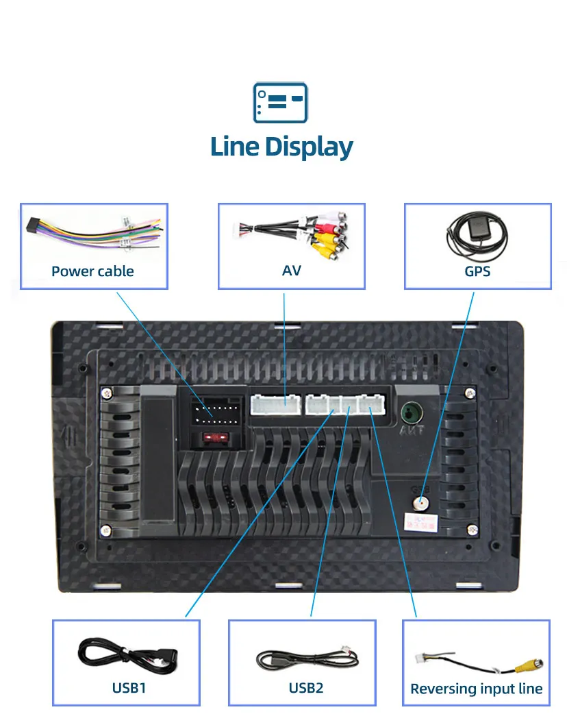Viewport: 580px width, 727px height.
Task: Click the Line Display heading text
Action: pos(281,147)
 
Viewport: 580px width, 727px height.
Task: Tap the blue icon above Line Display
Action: pos(281,103)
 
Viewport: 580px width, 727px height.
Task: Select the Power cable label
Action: pos(92,271)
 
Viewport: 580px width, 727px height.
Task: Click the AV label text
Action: pos(291,270)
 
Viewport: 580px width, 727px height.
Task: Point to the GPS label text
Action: pos(477,271)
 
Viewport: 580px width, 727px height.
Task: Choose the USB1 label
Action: pos(129,687)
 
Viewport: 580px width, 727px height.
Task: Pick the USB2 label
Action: pos(306,687)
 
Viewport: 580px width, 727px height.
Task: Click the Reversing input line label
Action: pos(476,689)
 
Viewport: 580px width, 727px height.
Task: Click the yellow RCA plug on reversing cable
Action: pos(531,665)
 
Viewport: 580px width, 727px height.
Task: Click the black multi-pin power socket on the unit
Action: pos(214,412)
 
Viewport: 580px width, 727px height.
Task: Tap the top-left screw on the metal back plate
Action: pos(106,393)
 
